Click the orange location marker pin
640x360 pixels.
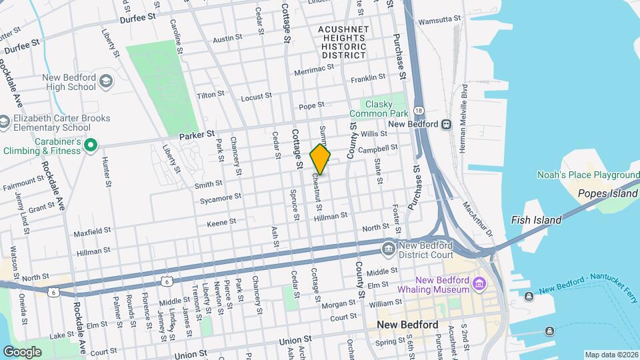321,160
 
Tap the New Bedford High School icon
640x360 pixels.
106,82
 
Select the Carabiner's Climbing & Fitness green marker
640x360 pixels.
91,145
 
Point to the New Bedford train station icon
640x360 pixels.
445,124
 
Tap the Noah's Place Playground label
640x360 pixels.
587,175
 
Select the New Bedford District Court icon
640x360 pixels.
388,249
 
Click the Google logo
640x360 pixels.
22,351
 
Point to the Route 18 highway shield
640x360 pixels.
418,110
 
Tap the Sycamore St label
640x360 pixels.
221,197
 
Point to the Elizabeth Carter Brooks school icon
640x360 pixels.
4,123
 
